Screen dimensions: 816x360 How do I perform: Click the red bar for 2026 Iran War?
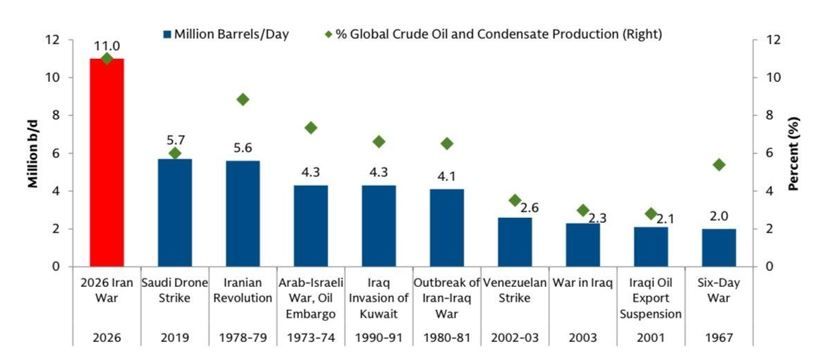pos(107,162)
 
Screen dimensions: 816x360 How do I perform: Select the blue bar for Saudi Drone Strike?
pos(175,213)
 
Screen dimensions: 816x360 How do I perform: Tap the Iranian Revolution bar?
pos(243,214)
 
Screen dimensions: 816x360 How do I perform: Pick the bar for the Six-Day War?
pos(719,248)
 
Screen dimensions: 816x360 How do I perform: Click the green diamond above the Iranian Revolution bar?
pos(243,99)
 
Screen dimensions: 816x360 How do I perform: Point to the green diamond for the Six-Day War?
pos(719,165)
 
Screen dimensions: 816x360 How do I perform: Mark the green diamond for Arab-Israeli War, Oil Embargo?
pos(311,127)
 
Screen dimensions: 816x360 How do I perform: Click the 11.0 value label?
pos(107,46)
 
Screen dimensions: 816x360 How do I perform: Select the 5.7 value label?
pos(175,140)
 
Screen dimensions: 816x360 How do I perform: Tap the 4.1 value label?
pos(447,176)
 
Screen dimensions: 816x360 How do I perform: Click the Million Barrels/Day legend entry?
pos(226,34)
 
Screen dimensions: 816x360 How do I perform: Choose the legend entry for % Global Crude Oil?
pos(493,34)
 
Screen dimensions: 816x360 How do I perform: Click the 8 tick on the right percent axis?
pos(760,115)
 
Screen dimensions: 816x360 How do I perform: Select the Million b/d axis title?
pos(33,153)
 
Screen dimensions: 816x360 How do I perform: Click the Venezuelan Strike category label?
pos(515,290)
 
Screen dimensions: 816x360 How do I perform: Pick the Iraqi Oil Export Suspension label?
pos(651,298)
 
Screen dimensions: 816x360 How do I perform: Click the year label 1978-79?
pos(243,337)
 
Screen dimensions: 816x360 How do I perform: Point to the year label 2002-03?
pos(515,337)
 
